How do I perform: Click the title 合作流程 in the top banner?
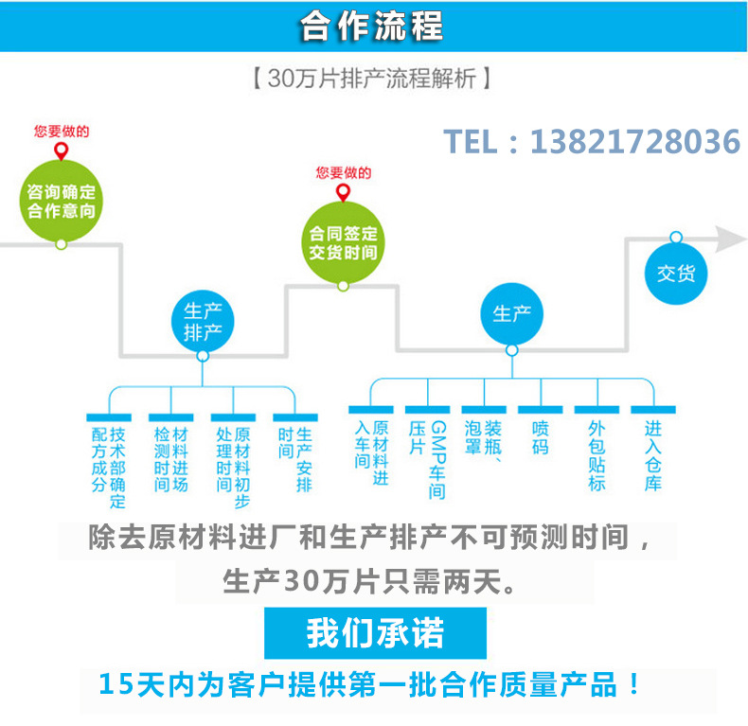pyautogui.click(x=371, y=27)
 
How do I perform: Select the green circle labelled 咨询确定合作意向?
pyautogui.click(x=62, y=200)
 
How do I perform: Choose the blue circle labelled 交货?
pyautogui.click(x=676, y=274)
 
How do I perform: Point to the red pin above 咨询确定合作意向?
pyautogui.click(x=62, y=151)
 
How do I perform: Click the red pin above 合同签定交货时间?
pyautogui.click(x=342, y=192)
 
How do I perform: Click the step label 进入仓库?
pyautogui.click(x=653, y=455)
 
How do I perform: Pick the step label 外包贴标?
pyautogui.click(x=597, y=455)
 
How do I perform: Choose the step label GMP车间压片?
pyautogui.click(x=427, y=459)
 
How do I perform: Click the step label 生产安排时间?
pyautogui.click(x=294, y=459)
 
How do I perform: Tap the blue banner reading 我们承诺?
pyautogui.click(x=374, y=633)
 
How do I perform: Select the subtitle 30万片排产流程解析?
pyautogui.click(x=372, y=79)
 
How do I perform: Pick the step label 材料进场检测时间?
pyautogui.click(x=170, y=459)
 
